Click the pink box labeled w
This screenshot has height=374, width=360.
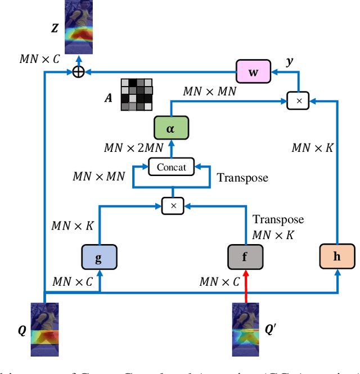[253, 72]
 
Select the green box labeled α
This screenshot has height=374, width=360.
[170, 128]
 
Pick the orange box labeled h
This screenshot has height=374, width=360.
[337, 256]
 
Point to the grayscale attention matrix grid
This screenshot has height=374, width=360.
[137, 94]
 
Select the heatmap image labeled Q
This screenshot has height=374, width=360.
[45, 330]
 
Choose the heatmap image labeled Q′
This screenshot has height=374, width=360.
[246, 330]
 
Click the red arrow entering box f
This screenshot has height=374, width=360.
[245, 284]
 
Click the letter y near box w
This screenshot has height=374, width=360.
[290, 60]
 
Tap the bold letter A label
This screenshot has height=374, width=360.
[108, 98]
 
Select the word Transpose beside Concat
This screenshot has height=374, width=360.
[242, 178]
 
